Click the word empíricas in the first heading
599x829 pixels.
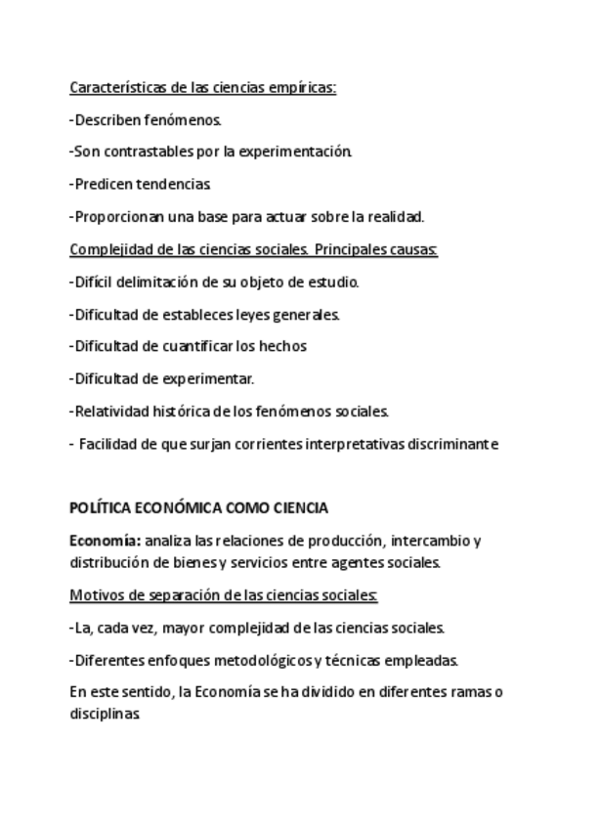(x=305, y=88)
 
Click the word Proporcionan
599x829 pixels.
(x=118, y=216)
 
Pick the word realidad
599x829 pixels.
(x=394, y=216)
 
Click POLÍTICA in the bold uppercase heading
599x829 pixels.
(x=101, y=508)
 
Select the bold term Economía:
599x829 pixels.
(x=106, y=541)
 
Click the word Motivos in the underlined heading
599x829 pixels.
(x=95, y=595)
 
